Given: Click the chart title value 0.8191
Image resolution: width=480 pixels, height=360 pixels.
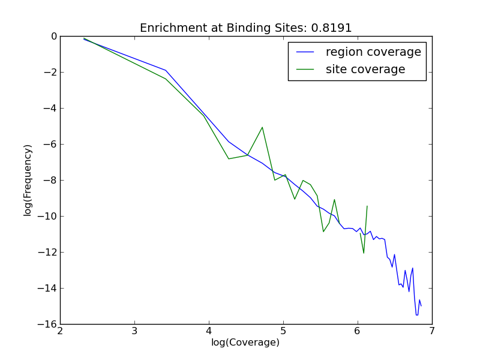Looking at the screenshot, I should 331,28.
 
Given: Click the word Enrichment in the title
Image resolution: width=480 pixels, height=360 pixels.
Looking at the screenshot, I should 169,28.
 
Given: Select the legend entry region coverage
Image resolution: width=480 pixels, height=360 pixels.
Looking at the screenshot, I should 373,52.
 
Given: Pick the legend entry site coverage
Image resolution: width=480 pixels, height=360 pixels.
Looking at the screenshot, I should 365,70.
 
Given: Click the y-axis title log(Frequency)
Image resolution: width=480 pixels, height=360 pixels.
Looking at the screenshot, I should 28,180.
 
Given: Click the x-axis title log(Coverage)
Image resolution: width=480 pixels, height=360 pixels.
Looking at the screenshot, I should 245,343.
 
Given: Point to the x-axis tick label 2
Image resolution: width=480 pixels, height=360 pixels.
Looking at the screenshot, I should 60,331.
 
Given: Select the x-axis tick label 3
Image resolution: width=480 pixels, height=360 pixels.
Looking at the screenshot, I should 134,331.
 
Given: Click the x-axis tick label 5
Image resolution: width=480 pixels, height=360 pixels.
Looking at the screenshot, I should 283,331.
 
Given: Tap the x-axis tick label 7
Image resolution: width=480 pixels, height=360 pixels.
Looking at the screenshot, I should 431,331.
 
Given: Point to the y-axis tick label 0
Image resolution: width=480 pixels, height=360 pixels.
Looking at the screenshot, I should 53,37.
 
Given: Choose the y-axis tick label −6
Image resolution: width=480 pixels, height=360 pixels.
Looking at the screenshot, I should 49,145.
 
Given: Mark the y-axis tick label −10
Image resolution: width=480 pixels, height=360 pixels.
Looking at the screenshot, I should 47,217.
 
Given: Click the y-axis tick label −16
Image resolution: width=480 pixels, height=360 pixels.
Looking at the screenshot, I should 47,325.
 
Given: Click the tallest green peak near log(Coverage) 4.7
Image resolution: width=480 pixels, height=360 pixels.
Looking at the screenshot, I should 262,127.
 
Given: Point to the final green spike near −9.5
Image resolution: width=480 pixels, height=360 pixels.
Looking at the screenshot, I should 367,206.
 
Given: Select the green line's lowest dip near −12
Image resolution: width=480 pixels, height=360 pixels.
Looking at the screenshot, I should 364,253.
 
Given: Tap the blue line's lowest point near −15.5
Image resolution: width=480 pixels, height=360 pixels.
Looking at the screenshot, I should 417,314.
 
